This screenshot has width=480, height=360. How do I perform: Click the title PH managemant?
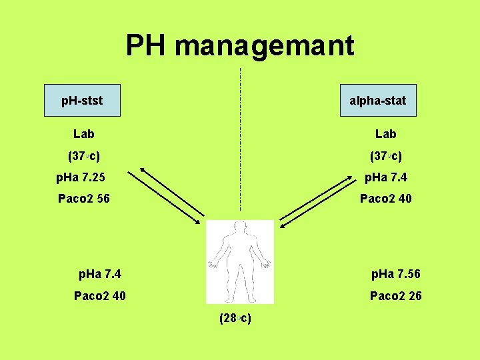click(240, 46)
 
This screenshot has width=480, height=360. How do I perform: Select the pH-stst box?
click(82, 101)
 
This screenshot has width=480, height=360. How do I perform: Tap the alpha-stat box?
click(377, 101)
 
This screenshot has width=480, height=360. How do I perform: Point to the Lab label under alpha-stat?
click(385, 134)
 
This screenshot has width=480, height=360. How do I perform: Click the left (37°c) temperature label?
click(84, 157)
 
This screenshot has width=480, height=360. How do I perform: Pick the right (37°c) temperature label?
click(385, 157)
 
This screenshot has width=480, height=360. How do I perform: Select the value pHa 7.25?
click(81, 178)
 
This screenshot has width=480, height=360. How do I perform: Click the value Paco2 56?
click(84, 199)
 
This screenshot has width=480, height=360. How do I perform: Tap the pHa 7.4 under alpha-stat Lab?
click(385, 178)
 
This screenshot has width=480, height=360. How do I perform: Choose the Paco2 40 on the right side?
click(385, 199)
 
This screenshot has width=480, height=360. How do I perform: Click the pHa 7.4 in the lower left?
click(99, 274)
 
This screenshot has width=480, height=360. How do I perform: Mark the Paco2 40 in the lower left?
click(99, 295)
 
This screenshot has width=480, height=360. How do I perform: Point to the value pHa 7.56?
click(395, 274)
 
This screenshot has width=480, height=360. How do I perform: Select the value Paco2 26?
click(395, 295)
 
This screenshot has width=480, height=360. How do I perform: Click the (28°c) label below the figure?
click(235, 318)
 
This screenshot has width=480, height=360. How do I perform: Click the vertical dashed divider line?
click(240, 140)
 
